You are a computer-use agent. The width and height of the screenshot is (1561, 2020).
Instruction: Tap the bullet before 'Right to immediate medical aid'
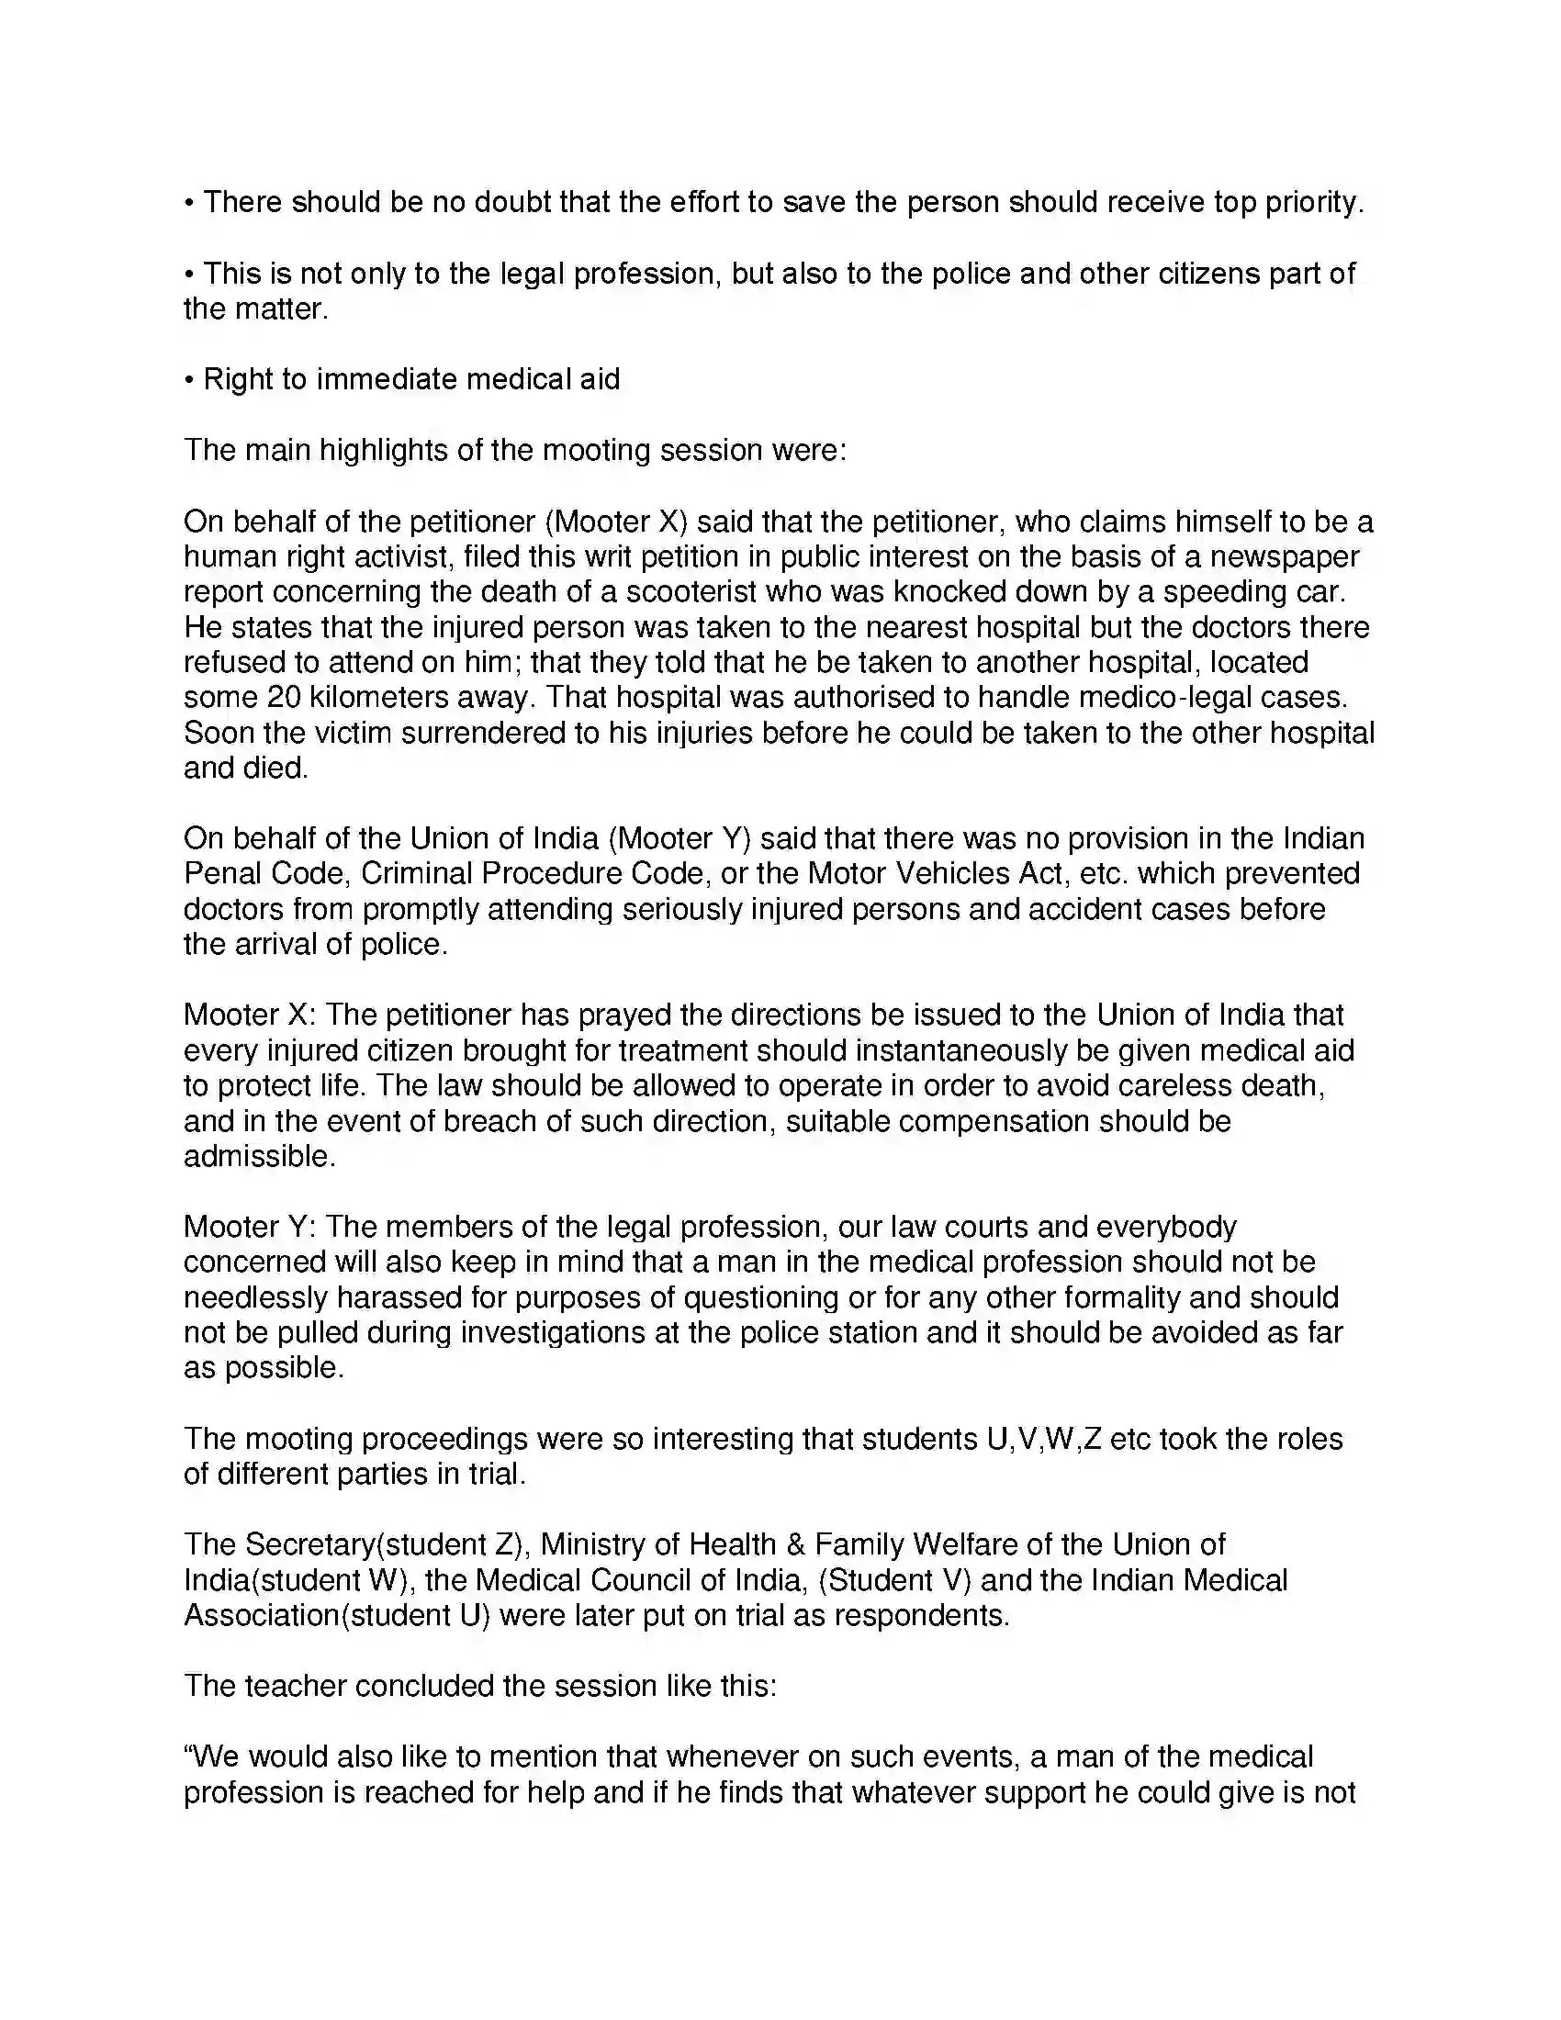coord(188,380)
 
